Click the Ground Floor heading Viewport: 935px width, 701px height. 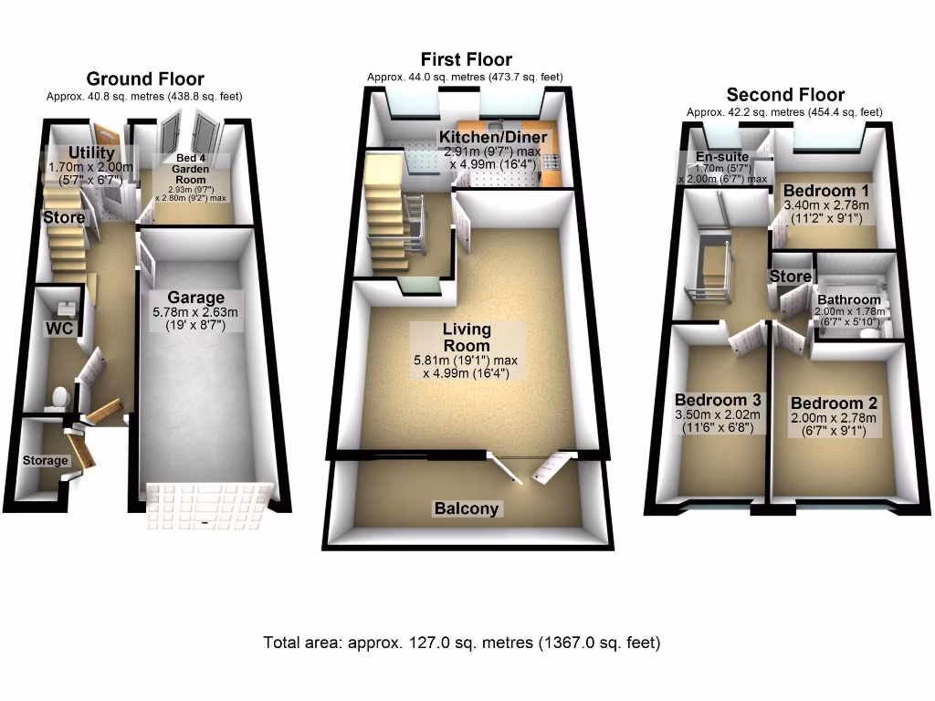[144, 78]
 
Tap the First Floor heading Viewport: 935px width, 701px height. [466, 60]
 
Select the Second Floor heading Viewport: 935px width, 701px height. [785, 95]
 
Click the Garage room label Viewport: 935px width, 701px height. [195, 298]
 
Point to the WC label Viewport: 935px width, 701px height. [59, 329]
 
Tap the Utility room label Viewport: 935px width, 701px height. [91, 153]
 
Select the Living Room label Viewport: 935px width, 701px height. [467, 337]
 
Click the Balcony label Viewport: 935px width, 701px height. [467, 508]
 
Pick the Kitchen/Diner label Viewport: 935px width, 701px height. [493, 137]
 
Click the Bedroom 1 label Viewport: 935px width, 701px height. [826, 191]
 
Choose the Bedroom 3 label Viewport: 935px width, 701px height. [718, 400]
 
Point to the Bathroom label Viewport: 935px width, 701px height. [849, 299]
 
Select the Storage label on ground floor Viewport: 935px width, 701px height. [45, 460]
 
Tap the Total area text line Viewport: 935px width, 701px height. [461, 643]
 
